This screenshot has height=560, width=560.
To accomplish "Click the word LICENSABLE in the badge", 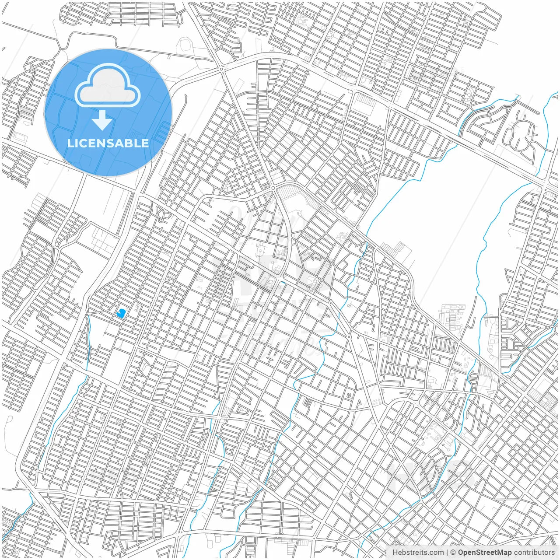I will [x=108, y=143].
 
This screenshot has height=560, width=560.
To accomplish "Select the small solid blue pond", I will [x=121, y=312].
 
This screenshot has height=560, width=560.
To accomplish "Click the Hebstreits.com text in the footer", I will [x=418, y=553].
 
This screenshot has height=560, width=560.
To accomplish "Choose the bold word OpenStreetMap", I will [x=485, y=553].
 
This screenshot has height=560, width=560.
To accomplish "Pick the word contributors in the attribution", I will [x=534, y=553].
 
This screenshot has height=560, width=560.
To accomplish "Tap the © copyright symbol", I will [x=453, y=553].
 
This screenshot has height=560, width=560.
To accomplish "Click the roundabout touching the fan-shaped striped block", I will [x=273, y=188].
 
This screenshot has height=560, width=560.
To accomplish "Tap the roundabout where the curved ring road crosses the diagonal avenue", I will [x=222, y=69].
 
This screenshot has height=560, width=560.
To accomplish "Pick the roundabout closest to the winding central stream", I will [x=349, y=336].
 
